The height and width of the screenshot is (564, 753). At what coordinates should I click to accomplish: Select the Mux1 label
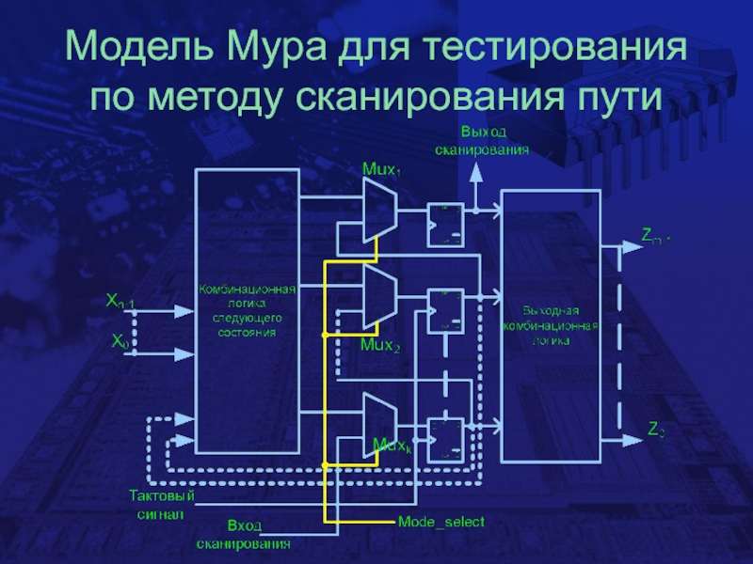coord(381,169)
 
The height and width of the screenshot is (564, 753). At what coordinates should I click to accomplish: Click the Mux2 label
coord(379,346)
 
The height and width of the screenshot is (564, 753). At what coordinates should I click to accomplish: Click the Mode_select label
coord(441,521)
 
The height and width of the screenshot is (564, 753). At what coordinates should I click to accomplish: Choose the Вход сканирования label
coord(243,534)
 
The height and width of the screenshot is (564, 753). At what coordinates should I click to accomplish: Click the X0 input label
coord(120,343)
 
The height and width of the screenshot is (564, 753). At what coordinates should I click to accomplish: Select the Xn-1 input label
coord(120,302)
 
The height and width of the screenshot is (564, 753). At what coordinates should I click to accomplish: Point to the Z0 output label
coord(656,431)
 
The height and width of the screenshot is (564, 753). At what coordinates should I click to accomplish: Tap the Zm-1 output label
coord(655,236)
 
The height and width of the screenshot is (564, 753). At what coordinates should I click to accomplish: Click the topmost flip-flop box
coord(442,225)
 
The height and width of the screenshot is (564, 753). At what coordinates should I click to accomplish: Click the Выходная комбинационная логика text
coord(551,325)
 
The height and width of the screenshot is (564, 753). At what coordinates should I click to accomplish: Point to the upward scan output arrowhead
coord(477,170)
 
